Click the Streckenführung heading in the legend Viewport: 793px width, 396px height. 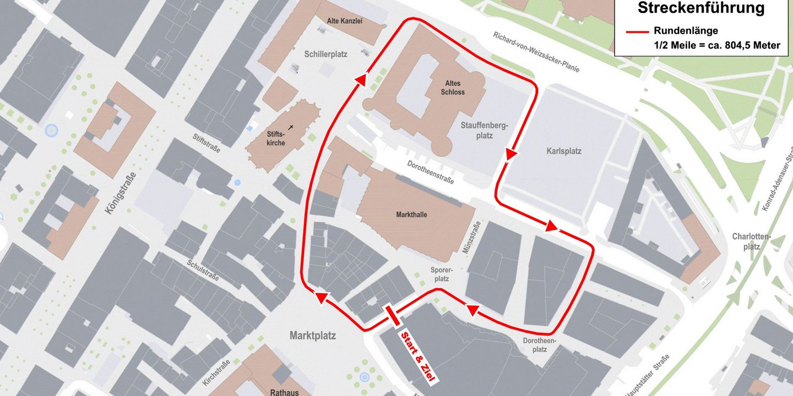pos(701,8)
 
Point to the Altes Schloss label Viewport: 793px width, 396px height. pos(452,88)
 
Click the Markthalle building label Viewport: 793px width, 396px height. pos(411,214)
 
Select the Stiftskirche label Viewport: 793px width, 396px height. pos(276,138)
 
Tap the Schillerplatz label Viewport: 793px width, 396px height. pos(325,54)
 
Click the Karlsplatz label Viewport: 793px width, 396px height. pos(564,151)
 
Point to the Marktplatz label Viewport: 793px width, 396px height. pos(313,335)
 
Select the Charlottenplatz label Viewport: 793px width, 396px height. pos(751,242)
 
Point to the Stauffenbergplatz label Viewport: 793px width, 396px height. pos(485,130)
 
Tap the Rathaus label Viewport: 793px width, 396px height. pos(284,392)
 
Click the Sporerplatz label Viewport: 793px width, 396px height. pos(442,274)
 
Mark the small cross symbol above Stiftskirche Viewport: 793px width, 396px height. pos(291,127)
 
